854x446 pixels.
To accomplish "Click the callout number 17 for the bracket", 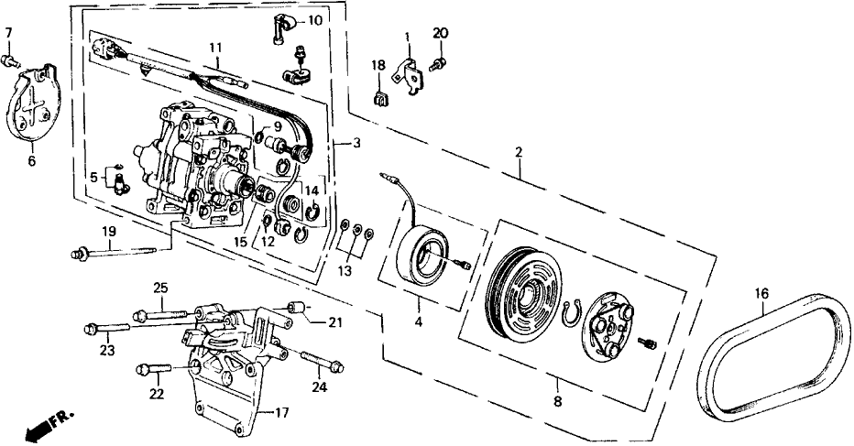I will (x=282, y=412).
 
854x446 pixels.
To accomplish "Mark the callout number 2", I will (x=519, y=153).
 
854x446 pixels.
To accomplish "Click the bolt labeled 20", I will (x=440, y=62).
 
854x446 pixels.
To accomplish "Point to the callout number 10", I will (x=313, y=20).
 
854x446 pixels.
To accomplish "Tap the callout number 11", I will (x=215, y=48).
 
